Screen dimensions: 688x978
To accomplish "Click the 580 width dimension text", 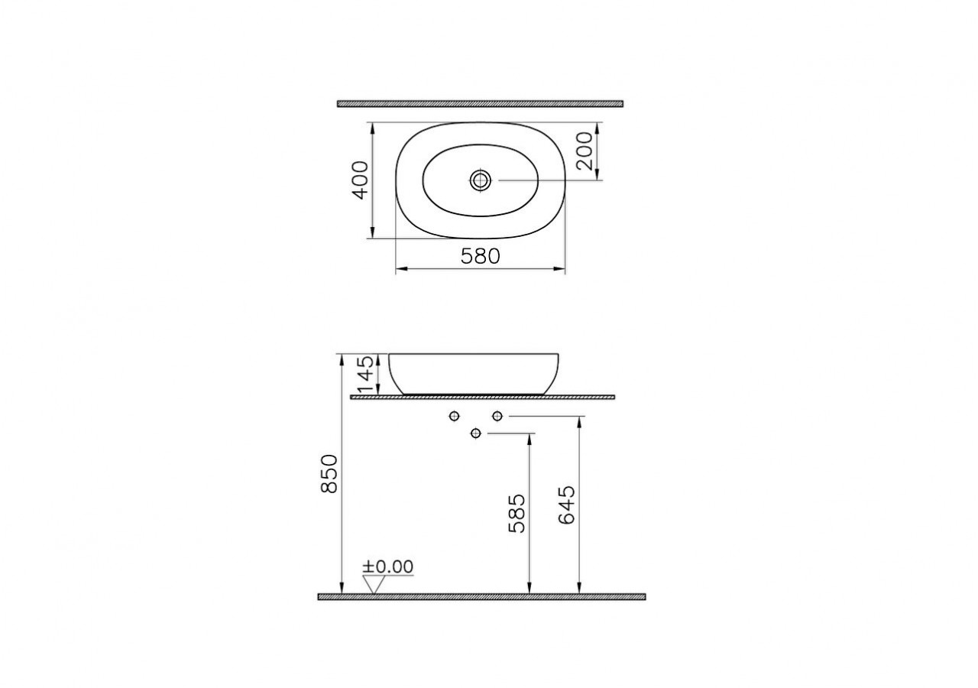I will (480, 256).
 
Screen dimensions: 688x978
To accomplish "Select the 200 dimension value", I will (583, 151).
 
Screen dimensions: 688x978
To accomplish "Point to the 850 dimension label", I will (329, 473).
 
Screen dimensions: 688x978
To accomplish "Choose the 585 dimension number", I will (517, 513).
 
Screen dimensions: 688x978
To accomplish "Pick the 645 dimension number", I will (567, 505).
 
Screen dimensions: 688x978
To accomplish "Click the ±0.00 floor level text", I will (387, 566).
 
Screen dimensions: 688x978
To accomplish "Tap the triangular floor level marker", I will (374, 585).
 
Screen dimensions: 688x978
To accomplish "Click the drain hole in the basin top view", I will (481, 180).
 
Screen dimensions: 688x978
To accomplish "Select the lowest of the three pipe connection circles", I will (476, 433).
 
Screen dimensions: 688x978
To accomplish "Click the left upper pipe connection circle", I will (455, 416).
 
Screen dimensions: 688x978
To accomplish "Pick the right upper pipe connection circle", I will (497, 416).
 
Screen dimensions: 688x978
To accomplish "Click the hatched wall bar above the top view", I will (480, 103).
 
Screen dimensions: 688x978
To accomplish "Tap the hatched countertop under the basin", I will (481, 398).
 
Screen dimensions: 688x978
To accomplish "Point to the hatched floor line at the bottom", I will (481, 596).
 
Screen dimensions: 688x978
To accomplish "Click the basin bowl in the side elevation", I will (474, 373).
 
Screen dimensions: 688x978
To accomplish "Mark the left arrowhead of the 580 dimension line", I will (399, 269).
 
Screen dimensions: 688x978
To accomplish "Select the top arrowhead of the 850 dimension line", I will (342, 358).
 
